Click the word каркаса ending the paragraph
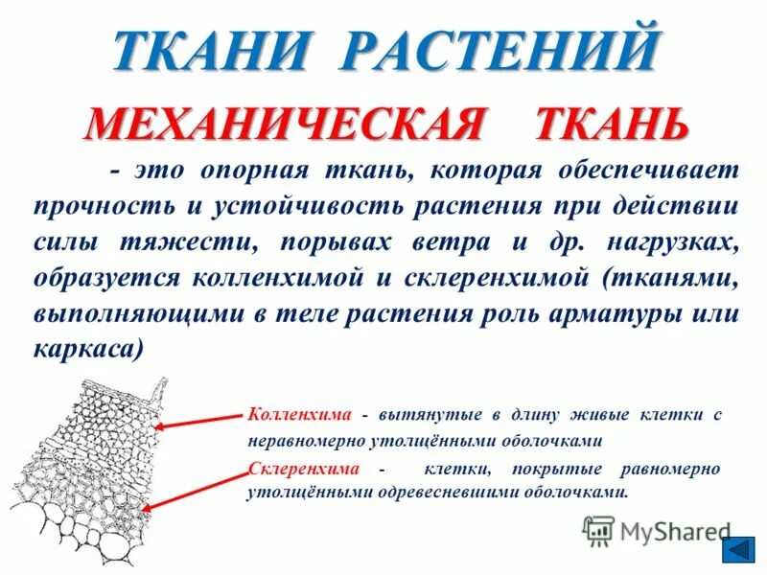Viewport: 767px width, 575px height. (x=87, y=351)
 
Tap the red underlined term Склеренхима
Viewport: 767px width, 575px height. (x=304, y=469)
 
